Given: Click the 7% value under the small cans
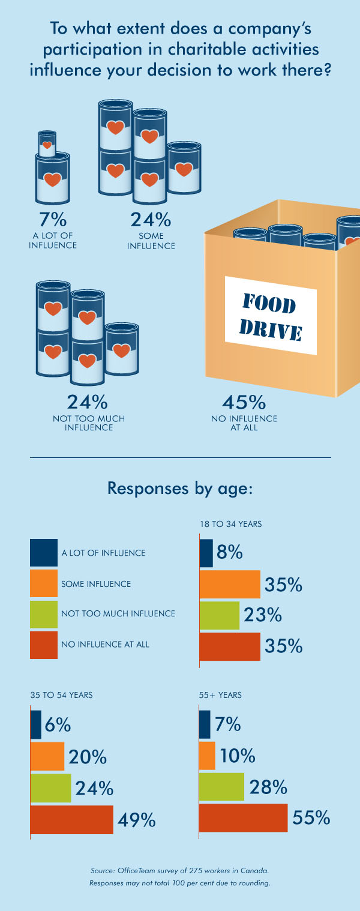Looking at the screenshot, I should pyautogui.click(x=52, y=219).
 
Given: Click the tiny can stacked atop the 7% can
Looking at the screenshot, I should pyautogui.click(x=48, y=142).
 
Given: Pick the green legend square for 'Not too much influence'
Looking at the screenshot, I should pyautogui.click(x=44, y=614).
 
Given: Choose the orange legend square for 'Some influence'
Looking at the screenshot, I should pyautogui.click(x=44, y=583).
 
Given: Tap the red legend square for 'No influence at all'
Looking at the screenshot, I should pyautogui.click(x=44, y=645).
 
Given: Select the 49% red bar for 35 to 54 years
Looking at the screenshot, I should pyautogui.click(x=72, y=820).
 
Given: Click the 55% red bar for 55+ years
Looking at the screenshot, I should pyautogui.click(x=244, y=817).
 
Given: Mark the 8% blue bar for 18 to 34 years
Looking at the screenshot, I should pyautogui.click(x=206, y=553).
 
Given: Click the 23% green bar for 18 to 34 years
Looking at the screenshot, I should pyautogui.click(x=220, y=615).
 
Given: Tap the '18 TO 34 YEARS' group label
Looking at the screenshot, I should pyautogui.click(x=231, y=524).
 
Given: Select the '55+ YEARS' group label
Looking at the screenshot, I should pyautogui.click(x=220, y=695).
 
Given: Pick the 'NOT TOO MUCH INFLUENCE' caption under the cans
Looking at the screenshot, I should pyautogui.click(x=89, y=423).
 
